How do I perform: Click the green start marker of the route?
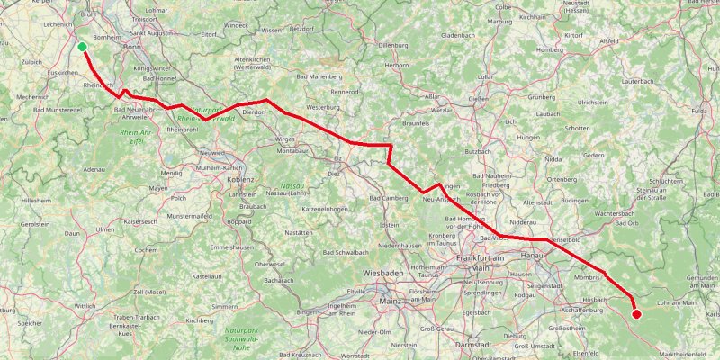(82, 47)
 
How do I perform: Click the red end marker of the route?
(636, 313)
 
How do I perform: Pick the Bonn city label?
(132, 46)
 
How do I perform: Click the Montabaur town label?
(292, 151)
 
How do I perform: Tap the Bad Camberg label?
(388, 198)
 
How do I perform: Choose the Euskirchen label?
(63, 72)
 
